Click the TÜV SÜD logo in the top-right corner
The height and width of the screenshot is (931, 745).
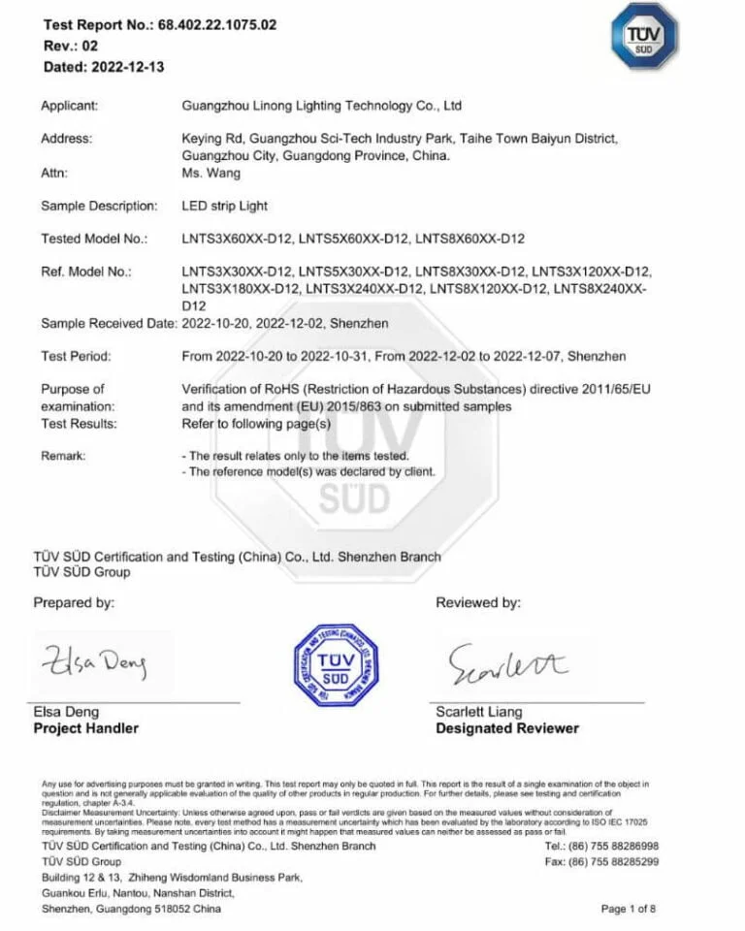(642, 36)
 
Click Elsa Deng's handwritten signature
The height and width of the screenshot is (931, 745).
(93, 662)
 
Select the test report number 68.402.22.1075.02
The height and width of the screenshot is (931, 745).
(217, 25)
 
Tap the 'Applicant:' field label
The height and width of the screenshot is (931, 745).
(69, 106)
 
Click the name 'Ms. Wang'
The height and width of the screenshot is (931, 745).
(211, 174)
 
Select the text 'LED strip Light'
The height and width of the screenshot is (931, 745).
(225, 206)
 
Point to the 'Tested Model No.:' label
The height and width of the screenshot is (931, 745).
(94, 239)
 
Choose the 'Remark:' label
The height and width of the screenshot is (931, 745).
(63, 456)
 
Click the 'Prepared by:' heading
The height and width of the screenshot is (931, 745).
(74, 603)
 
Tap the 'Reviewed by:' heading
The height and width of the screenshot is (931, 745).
(478, 603)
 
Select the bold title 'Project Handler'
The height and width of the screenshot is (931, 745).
(86, 728)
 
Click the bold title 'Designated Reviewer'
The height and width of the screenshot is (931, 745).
(507, 728)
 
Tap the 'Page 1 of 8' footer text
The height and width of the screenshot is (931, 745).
(629, 909)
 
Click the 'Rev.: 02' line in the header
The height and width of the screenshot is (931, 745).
(71, 46)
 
